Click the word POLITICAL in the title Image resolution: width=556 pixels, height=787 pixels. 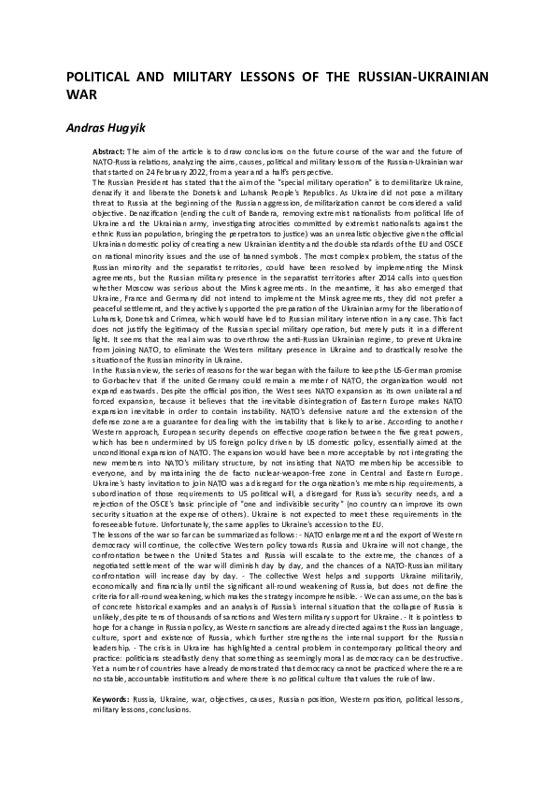100,77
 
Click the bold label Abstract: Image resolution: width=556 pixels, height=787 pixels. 108,150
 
